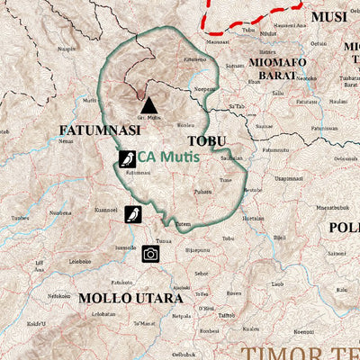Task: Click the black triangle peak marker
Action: click(x=148, y=105)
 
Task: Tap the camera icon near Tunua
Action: click(x=150, y=254)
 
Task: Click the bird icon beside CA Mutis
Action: click(x=128, y=160)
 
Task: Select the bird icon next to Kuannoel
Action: click(x=133, y=213)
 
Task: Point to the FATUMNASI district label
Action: click(x=99, y=130)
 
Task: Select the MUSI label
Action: click(x=328, y=16)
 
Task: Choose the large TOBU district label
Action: click(x=207, y=141)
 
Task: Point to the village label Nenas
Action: click(x=66, y=141)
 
